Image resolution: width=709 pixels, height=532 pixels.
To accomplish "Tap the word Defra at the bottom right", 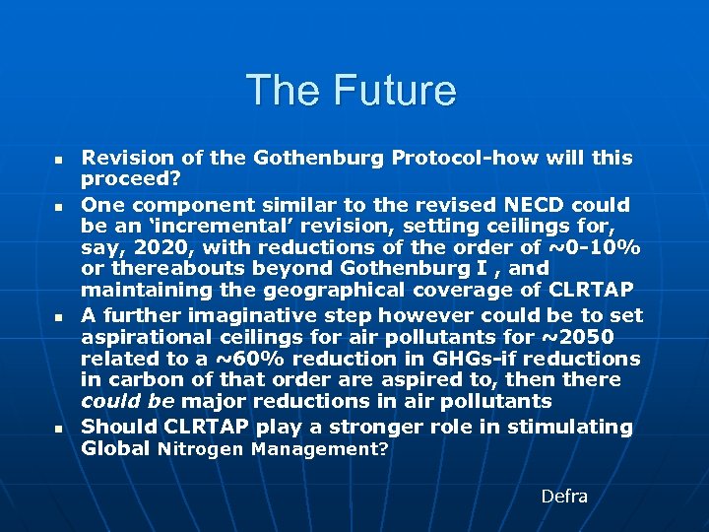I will click(564, 496).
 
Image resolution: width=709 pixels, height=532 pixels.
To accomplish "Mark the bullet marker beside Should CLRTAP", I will click(57, 429).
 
